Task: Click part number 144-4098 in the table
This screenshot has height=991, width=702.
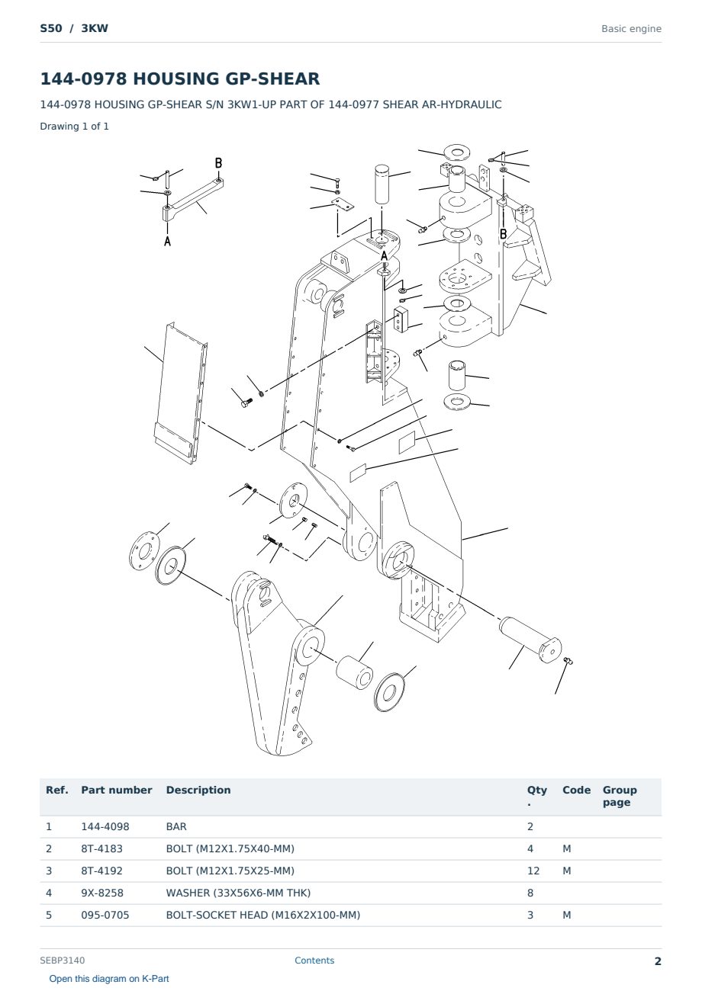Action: pos(105,826)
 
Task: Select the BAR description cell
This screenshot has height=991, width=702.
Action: pos(176,826)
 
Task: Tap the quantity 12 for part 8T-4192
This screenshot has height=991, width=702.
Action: pos(533,871)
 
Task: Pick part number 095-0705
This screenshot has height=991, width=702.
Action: pos(105,915)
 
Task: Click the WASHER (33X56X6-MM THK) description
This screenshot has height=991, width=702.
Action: pos(238,893)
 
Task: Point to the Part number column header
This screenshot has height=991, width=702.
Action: pos(117,790)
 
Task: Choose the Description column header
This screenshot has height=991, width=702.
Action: pos(198,790)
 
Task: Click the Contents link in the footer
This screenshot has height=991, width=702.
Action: pos(314,960)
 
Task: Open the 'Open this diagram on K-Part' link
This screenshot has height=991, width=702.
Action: pos(109,979)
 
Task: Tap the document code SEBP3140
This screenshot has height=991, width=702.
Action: pos(63,960)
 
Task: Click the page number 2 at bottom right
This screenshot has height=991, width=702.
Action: pos(658,961)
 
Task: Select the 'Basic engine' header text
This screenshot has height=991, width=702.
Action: pos(631,29)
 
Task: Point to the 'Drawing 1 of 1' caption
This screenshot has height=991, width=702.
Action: pos(75,126)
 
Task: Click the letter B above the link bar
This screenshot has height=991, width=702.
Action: pos(218,163)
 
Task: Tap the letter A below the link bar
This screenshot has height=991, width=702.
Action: pos(167,241)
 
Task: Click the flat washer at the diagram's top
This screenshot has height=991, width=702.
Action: pos(456,152)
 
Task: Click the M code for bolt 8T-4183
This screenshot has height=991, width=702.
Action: pos(566,848)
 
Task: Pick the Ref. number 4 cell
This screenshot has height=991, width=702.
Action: pos(49,893)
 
